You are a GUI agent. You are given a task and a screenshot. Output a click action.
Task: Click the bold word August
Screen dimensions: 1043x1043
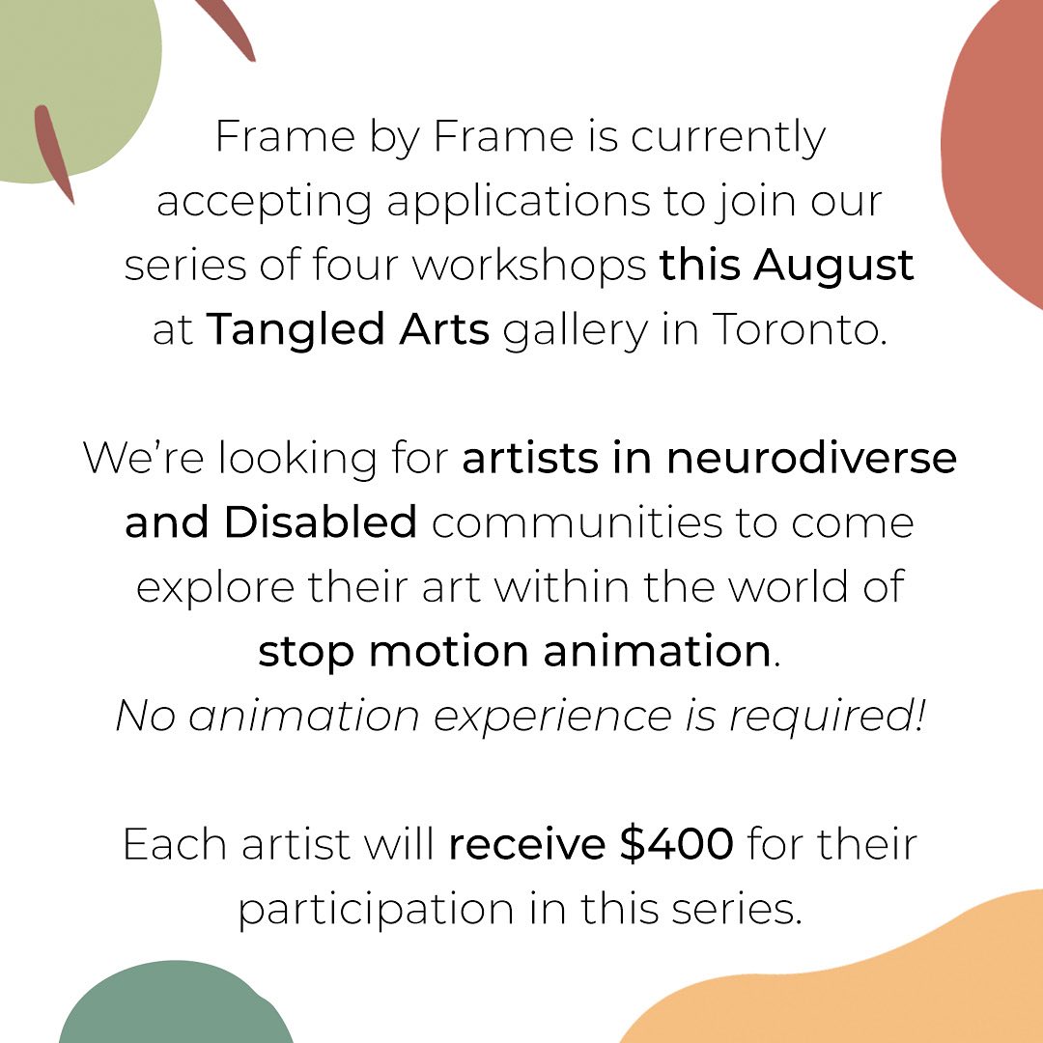[x=834, y=266]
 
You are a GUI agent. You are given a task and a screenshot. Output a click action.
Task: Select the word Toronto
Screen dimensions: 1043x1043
[x=799, y=330]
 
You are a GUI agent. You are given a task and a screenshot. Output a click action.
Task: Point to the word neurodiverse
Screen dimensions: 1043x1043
[x=811, y=457]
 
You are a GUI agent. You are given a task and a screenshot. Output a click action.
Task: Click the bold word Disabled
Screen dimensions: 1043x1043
[x=321, y=522]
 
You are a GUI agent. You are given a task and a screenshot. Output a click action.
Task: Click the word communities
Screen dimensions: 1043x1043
[x=585, y=522]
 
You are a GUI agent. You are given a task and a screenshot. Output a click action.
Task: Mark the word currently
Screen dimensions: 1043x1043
[x=729, y=136]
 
